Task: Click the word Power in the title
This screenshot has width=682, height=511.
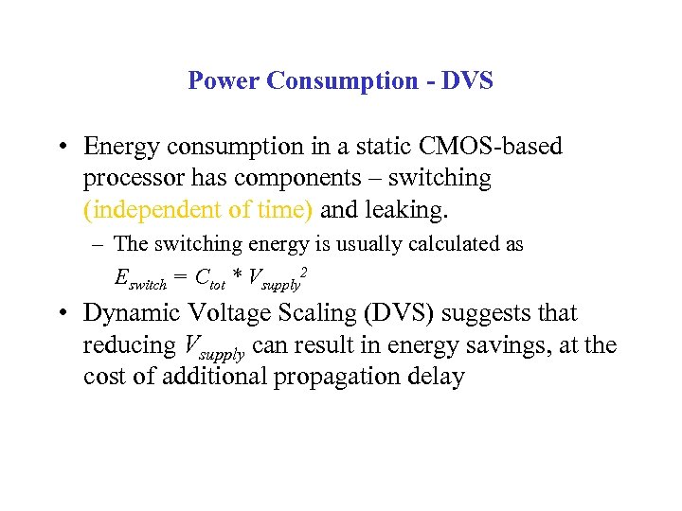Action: pos(224,80)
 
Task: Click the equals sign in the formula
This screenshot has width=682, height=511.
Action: pos(180,278)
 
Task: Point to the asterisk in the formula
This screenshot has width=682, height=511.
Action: pos(237,276)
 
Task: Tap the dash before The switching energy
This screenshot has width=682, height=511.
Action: pos(99,244)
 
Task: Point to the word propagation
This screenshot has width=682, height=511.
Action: pos(328,378)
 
